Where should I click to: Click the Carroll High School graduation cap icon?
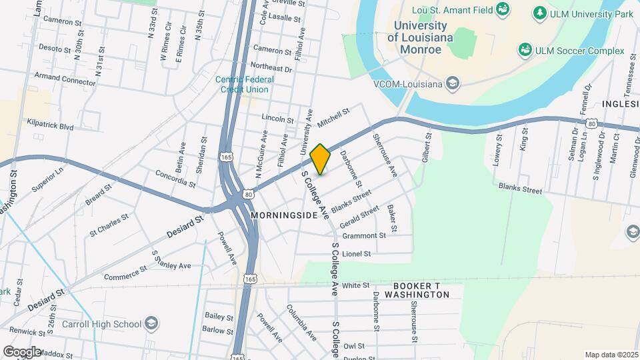tap(152, 324)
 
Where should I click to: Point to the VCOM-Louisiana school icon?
tap(453, 83)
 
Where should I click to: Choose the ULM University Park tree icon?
tap(539, 13)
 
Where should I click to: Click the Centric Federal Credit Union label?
tap(245, 84)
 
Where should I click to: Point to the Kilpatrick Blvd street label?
tap(50, 125)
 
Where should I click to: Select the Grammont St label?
tap(364, 235)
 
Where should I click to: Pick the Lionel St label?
tap(356, 254)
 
